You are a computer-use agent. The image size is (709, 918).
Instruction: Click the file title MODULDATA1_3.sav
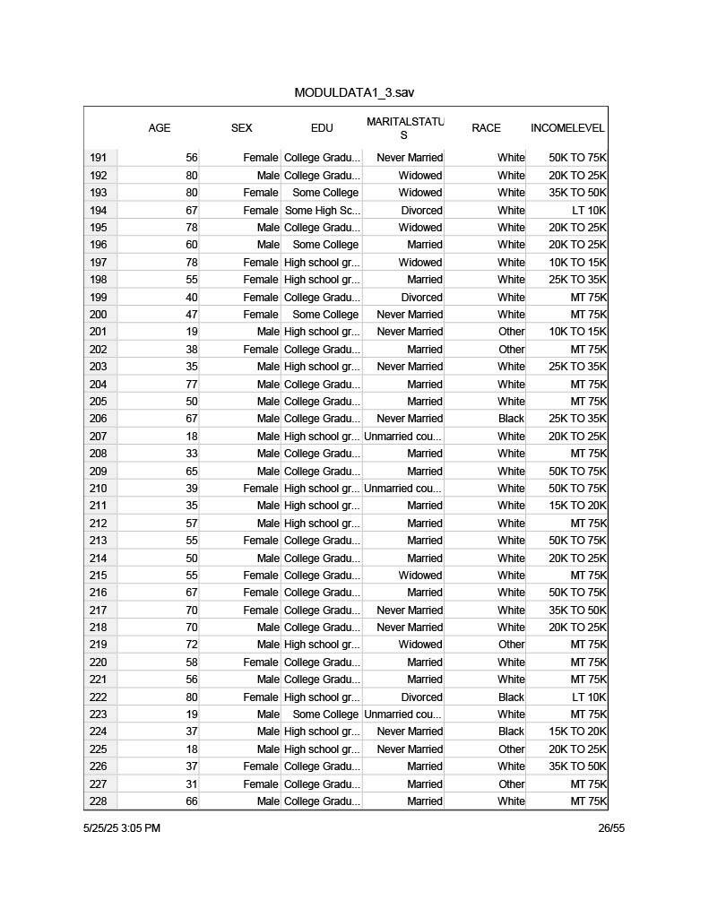[x=354, y=93]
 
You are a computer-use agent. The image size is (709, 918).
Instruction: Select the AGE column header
[x=160, y=128]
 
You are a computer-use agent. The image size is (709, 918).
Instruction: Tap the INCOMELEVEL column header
[x=567, y=128]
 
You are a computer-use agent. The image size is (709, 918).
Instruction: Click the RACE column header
[x=486, y=128]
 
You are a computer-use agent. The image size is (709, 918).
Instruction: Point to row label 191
[x=99, y=158]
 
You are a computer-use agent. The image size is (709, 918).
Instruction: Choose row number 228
[x=99, y=801]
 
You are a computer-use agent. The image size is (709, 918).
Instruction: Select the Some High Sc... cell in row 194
[x=322, y=210]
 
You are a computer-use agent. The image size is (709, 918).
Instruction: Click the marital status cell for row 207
[x=403, y=437]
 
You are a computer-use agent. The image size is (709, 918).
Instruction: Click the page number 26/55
[x=611, y=828]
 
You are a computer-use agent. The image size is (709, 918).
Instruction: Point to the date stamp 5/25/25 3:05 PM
[x=122, y=828]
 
